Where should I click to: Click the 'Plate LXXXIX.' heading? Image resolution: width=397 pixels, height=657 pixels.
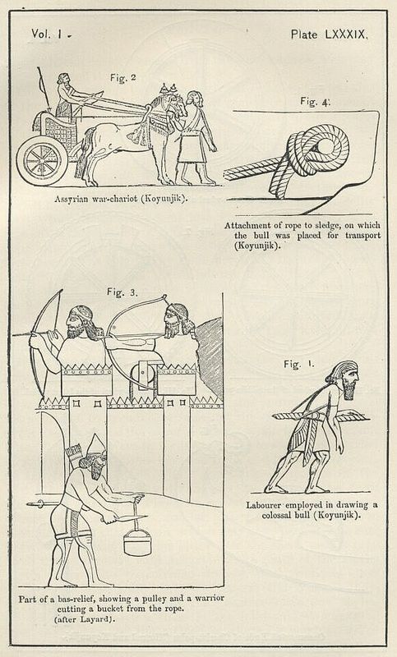pyautogui.click(x=329, y=34)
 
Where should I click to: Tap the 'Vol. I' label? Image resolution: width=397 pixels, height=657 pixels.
pyautogui.click(x=47, y=34)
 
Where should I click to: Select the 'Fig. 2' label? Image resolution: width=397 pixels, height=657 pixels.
pyautogui.click(x=123, y=77)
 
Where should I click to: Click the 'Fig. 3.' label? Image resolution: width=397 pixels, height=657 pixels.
pyautogui.click(x=122, y=292)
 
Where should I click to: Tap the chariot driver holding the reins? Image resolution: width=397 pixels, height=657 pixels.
pyautogui.click(x=67, y=96)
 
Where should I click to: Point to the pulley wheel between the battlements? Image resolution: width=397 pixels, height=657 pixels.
pyautogui.click(x=142, y=372)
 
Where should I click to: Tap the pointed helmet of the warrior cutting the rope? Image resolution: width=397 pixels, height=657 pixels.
pyautogui.click(x=96, y=444)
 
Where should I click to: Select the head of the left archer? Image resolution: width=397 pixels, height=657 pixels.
pyautogui.click(x=81, y=320)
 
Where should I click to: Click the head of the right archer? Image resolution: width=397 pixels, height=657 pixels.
pyautogui.click(x=178, y=320)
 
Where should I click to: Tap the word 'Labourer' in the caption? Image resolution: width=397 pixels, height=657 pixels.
pyautogui.click(x=264, y=505)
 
